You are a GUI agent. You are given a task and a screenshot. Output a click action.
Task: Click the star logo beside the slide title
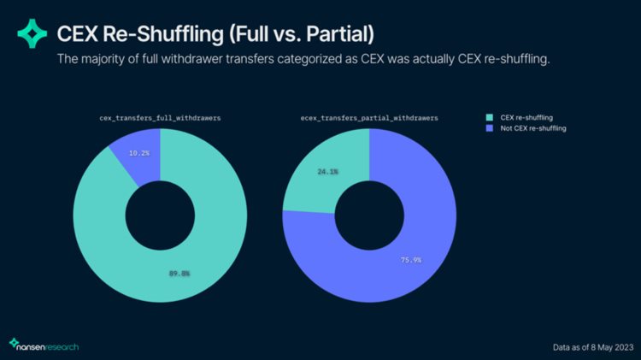tap(32, 34)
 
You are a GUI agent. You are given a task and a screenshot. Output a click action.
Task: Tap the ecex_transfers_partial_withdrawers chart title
tap(370, 116)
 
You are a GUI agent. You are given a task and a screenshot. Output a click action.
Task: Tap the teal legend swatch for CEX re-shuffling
tap(491, 117)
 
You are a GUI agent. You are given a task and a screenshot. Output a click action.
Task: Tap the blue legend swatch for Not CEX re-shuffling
tap(491, 127)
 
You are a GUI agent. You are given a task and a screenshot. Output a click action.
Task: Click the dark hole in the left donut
tap(160, 214)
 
